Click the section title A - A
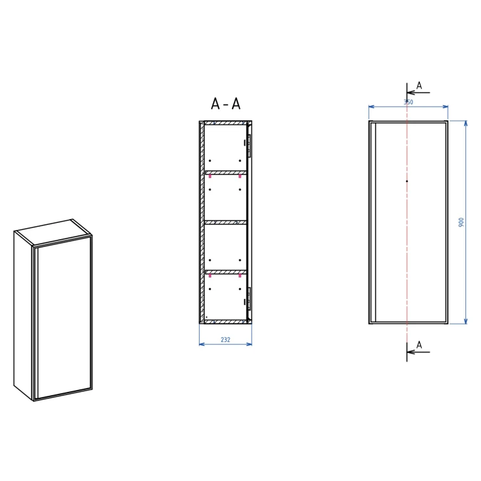tap(226, 104)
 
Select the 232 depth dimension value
tap(226, 339)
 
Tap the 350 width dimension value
tap(408, 102)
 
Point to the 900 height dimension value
tap(461, 222)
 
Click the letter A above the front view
tap(419, 86)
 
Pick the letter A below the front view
tap(419, 345)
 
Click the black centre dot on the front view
tap(407, 181)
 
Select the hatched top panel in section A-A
tap(226, 123)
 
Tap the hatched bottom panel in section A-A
tap(226, 322)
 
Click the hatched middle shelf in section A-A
tap(226, 222)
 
